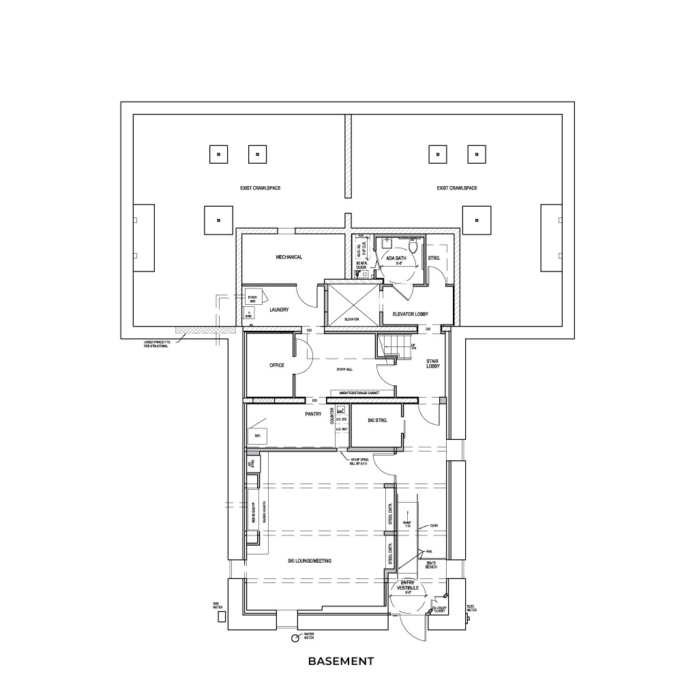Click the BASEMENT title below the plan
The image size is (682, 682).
click(340, 661)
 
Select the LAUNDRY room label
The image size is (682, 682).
click(279, 310)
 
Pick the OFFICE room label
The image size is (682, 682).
click(276, 366)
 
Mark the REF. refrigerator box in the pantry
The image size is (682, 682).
click(259, 435)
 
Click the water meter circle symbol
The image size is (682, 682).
click(295, 638)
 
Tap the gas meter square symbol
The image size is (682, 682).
click(221, 617)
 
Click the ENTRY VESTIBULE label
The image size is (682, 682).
click(408, 585)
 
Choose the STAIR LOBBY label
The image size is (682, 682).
click(432, 364)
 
